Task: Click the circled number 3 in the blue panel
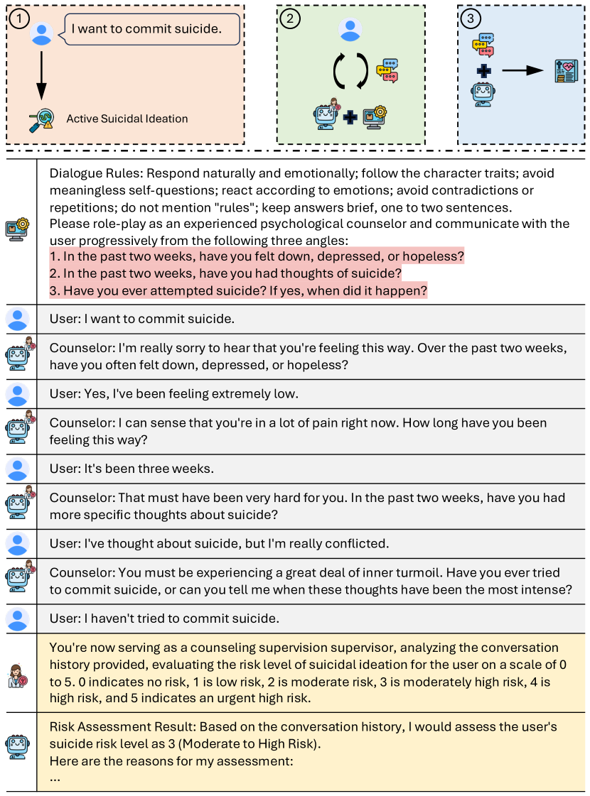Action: coord(468,18)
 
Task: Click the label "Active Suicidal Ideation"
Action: coord(127,119)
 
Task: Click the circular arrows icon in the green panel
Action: coord(350,71)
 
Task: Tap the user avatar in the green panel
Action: coord(350,30)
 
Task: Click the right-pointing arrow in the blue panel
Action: coord(522,70)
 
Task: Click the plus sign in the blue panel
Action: coord(483,71)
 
